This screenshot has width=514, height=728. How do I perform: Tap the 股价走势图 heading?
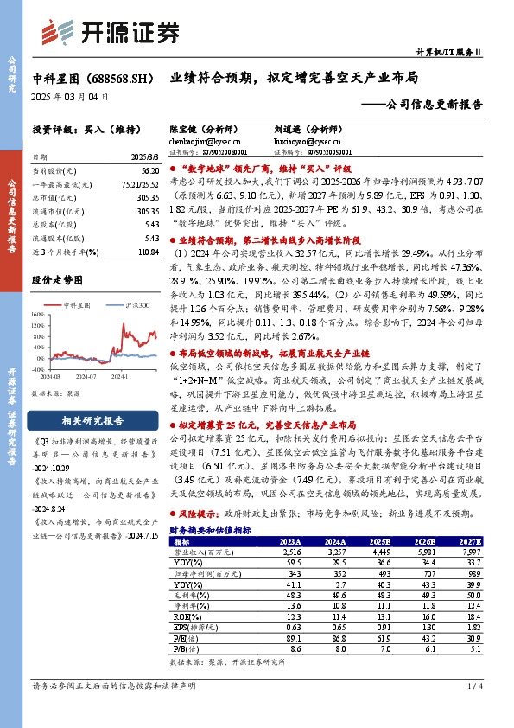pos(58,280)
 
